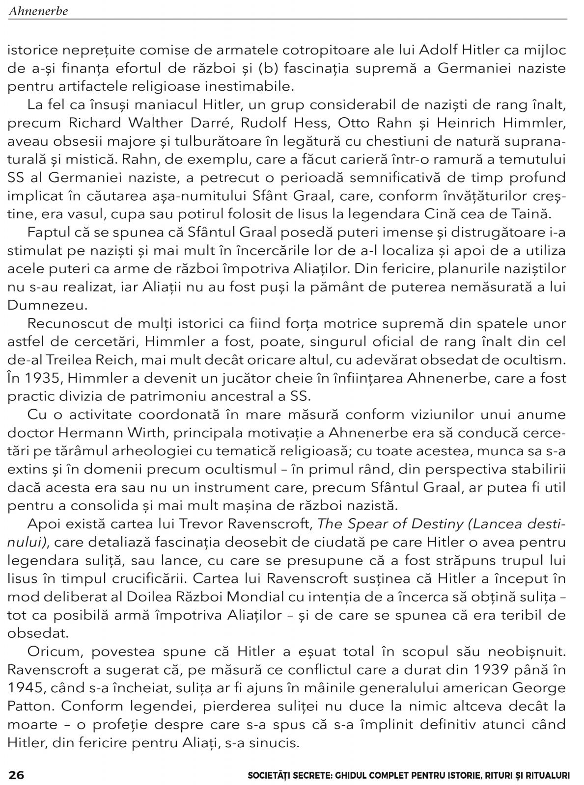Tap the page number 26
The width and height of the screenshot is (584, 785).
(16, 775)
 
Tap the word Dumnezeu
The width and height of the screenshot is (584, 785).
(48, 305)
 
